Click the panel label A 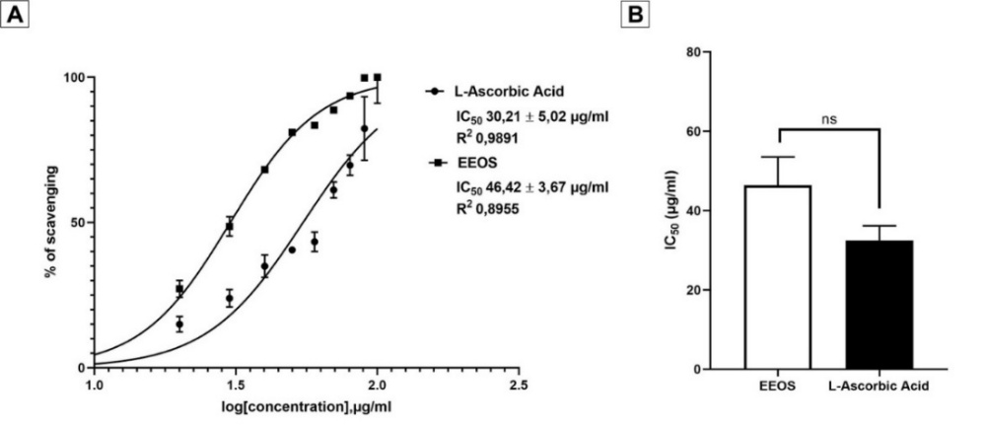(16, 16)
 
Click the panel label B (637, 16)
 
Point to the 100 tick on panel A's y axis (76, 77)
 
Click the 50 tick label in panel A (80, 222)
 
